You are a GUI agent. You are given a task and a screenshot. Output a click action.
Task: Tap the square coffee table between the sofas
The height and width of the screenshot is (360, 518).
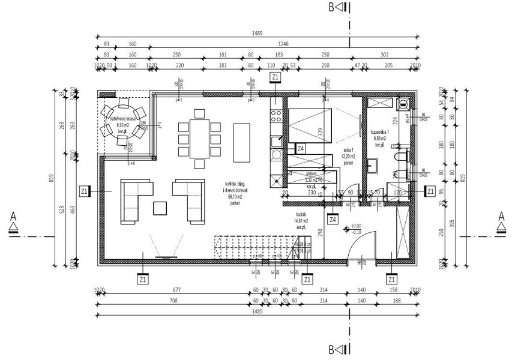pos(161,208)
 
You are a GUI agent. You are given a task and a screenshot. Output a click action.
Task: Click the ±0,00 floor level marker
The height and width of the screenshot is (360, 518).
pos(346,229)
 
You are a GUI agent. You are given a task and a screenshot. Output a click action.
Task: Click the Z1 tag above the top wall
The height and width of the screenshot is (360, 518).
pos(275,77)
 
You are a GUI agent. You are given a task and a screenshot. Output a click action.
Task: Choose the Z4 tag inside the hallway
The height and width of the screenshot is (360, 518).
pos(332,219)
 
